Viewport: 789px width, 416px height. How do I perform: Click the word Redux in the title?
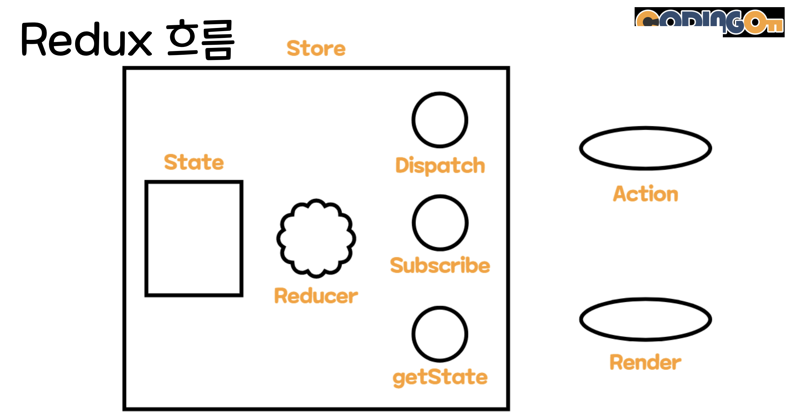(87, 39)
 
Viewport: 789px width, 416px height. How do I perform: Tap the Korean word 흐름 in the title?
(200, 39)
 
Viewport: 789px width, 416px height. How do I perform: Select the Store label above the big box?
(316, 49)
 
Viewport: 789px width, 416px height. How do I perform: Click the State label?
(194, 162)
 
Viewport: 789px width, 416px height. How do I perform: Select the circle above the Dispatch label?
(414, 120)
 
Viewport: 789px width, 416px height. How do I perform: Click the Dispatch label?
(440, 166)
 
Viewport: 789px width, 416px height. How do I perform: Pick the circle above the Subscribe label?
(414, 223)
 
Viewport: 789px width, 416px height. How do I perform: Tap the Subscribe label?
(440, 265)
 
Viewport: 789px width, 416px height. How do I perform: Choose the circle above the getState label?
(414, 334)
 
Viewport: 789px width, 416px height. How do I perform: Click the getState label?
(440, 377)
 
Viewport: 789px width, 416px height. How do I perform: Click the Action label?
(645, 194)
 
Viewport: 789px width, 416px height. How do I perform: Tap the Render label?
(645, 362)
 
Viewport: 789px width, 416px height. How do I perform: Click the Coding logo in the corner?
(709, 22)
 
